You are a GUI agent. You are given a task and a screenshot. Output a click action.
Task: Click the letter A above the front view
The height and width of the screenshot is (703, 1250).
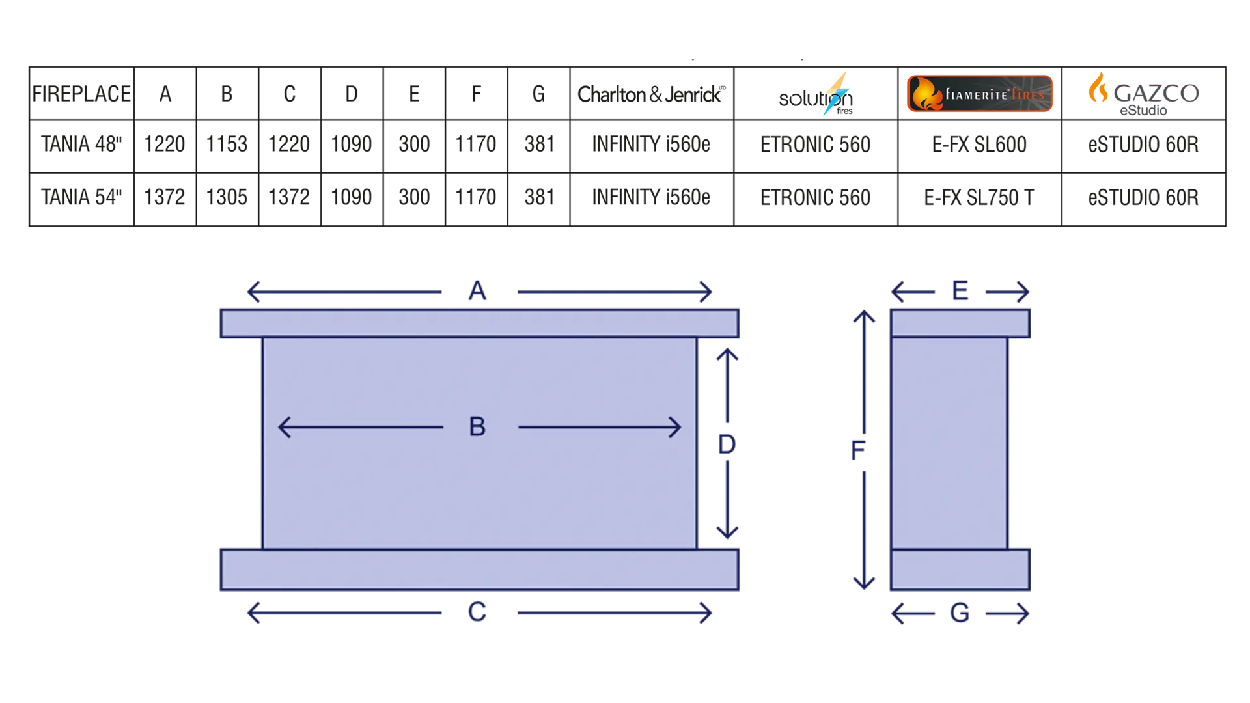477,290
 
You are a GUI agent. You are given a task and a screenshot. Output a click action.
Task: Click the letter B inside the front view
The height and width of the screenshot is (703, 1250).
477,427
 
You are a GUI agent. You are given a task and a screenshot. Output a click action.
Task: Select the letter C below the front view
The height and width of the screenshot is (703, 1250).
477,613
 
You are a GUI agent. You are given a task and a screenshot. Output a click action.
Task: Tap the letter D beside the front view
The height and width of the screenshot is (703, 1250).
727,445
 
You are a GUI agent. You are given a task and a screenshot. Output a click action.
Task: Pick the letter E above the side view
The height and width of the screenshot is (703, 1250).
958,290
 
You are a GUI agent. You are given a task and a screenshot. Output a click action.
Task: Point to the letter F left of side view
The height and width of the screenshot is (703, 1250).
858,450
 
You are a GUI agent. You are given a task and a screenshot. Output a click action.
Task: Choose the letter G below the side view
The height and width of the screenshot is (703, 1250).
960,613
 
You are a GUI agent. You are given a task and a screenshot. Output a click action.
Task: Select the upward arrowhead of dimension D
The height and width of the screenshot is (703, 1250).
727,356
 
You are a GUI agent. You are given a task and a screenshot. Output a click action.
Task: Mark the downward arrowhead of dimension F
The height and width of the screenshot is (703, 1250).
865,581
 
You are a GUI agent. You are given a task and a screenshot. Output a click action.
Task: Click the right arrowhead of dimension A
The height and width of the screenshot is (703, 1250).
706,290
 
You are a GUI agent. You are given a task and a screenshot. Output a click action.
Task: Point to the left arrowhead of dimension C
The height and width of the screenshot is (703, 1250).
252,613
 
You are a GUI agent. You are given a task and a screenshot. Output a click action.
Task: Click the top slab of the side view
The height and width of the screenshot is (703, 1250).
960,324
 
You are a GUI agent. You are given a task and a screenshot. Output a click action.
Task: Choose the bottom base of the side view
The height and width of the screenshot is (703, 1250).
960,570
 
